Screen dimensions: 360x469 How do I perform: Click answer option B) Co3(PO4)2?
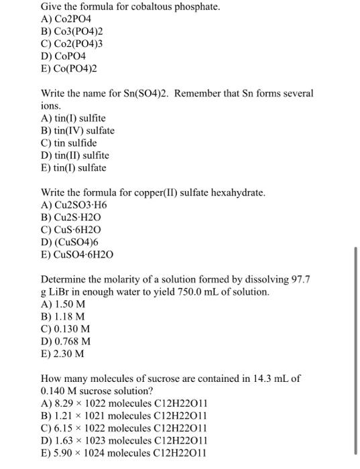(72, 31)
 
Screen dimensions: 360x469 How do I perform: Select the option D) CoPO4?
(64, 56)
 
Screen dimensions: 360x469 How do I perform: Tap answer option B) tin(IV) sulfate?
(78, 131)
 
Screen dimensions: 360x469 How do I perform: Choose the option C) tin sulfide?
(69, 143)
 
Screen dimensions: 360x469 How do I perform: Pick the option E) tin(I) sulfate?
(74, 167)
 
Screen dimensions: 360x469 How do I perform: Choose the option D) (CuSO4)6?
(70, 243)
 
